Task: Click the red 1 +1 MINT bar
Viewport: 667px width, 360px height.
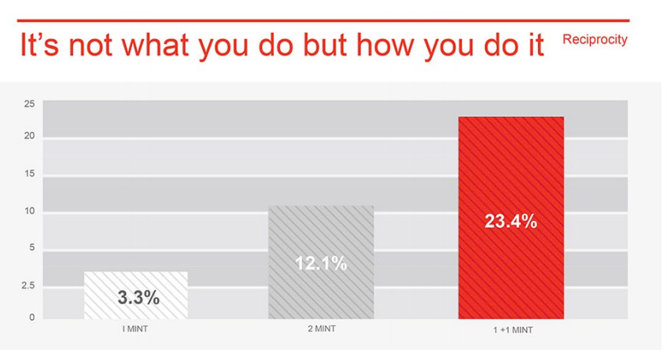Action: [511, 218]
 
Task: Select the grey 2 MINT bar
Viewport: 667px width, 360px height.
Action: [321, 263]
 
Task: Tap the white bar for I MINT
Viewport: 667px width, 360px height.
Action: [136, 295]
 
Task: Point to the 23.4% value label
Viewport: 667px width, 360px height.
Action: [511, 222]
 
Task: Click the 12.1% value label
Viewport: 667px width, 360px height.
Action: [321, 263]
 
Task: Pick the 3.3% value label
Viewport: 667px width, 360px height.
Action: [138, 298]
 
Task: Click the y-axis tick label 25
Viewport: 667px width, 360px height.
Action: [29, 104]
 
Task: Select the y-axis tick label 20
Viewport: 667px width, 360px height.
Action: [29, 136]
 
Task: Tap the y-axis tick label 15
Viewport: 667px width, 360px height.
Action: [29, 174]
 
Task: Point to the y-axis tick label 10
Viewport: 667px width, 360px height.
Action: [29, 211]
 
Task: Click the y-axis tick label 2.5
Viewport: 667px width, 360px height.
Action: [28, 285]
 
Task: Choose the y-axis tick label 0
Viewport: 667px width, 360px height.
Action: [32, 317]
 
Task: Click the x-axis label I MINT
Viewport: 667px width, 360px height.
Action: [135, 329]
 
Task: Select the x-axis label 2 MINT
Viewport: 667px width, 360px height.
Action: [322, 329]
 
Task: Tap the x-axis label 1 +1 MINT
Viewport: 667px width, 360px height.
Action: [513, 330]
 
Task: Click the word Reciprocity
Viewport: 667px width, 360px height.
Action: [595, 39]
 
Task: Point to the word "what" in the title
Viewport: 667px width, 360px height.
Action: [156, 45]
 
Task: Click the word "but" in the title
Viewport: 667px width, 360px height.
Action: [327, 45]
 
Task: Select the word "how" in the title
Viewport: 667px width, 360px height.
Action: [388, 45]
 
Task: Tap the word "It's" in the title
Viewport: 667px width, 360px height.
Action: [39, 45]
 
